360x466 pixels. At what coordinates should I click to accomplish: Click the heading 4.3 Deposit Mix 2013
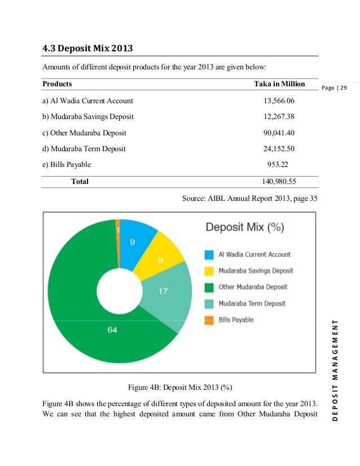(x=87, y=49)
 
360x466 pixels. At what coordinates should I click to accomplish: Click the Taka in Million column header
(x=279, y=84)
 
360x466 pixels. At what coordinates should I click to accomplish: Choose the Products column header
(x=57, y=84)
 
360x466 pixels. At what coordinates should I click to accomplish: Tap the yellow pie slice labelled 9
(x=160, y=260)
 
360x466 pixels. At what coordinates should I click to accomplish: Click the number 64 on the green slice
(x=112, y=330)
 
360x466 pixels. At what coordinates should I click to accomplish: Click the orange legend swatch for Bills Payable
(x=209, y=320)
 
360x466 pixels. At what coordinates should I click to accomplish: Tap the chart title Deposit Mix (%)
(x=244, y=228)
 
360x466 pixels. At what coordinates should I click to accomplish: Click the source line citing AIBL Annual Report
(x=250, y=198)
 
